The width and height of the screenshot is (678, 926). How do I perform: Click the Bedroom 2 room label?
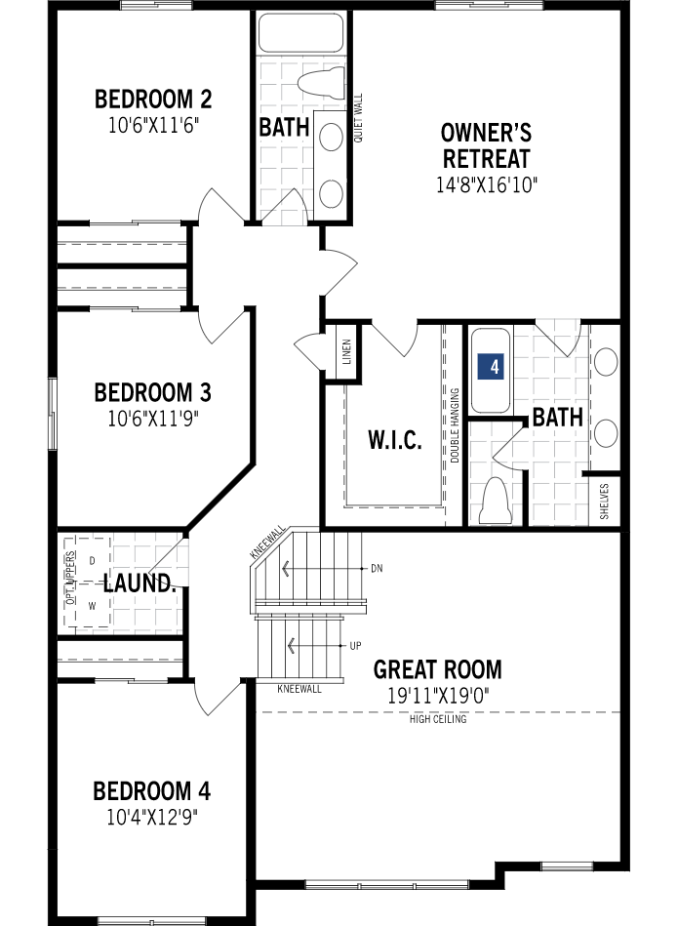click(x=153, y=100)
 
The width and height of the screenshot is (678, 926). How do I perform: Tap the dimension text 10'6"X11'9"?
click(x=153, y=418)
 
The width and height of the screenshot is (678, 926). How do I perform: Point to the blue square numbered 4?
click(x=495, y=367)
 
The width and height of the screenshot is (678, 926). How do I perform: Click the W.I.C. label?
click(x=395, y=440)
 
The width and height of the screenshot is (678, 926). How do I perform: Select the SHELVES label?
click(x=605, y=501)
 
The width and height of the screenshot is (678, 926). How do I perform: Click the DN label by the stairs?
click(x=377, y=568)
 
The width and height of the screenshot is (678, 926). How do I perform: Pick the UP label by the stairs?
click(x=355, y=646)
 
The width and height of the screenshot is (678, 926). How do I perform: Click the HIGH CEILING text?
click(x=438, y=720)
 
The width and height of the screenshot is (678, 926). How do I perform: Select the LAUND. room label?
click(x=140, y=584)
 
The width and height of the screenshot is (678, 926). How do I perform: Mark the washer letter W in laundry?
click(x=93, y=605)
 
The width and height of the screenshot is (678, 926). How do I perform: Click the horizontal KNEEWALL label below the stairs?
click(x=299, y=689)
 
